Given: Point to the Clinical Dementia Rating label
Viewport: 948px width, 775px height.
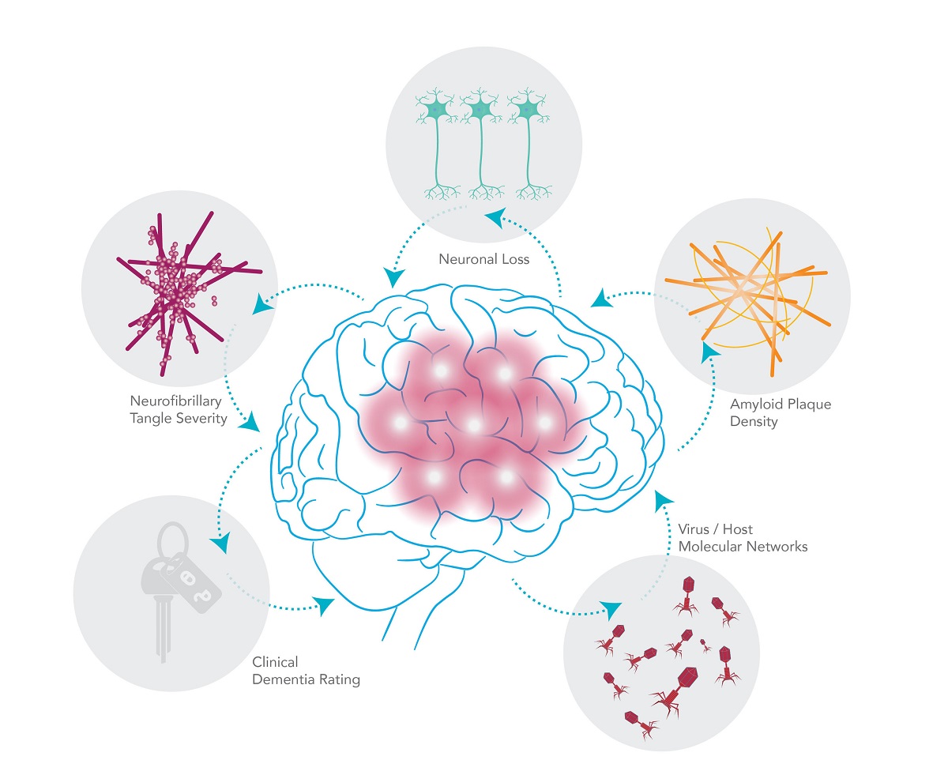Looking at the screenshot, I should point(306,671).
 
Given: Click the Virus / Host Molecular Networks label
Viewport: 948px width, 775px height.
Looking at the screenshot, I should point(743,537).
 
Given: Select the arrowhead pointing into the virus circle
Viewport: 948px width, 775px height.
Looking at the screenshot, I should point(609,609).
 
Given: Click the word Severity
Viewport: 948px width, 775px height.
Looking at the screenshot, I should point(203,419).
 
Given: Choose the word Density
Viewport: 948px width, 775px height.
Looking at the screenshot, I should point(754,422).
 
